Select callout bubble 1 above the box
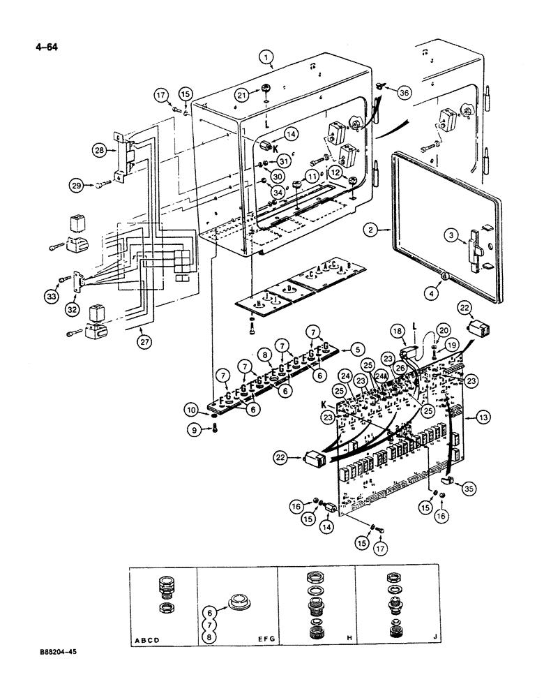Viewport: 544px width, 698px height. click(266, 58)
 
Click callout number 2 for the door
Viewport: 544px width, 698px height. click(372, 229)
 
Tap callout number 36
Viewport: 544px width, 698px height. click(406, 92)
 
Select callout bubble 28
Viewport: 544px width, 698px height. click(99, 149)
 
